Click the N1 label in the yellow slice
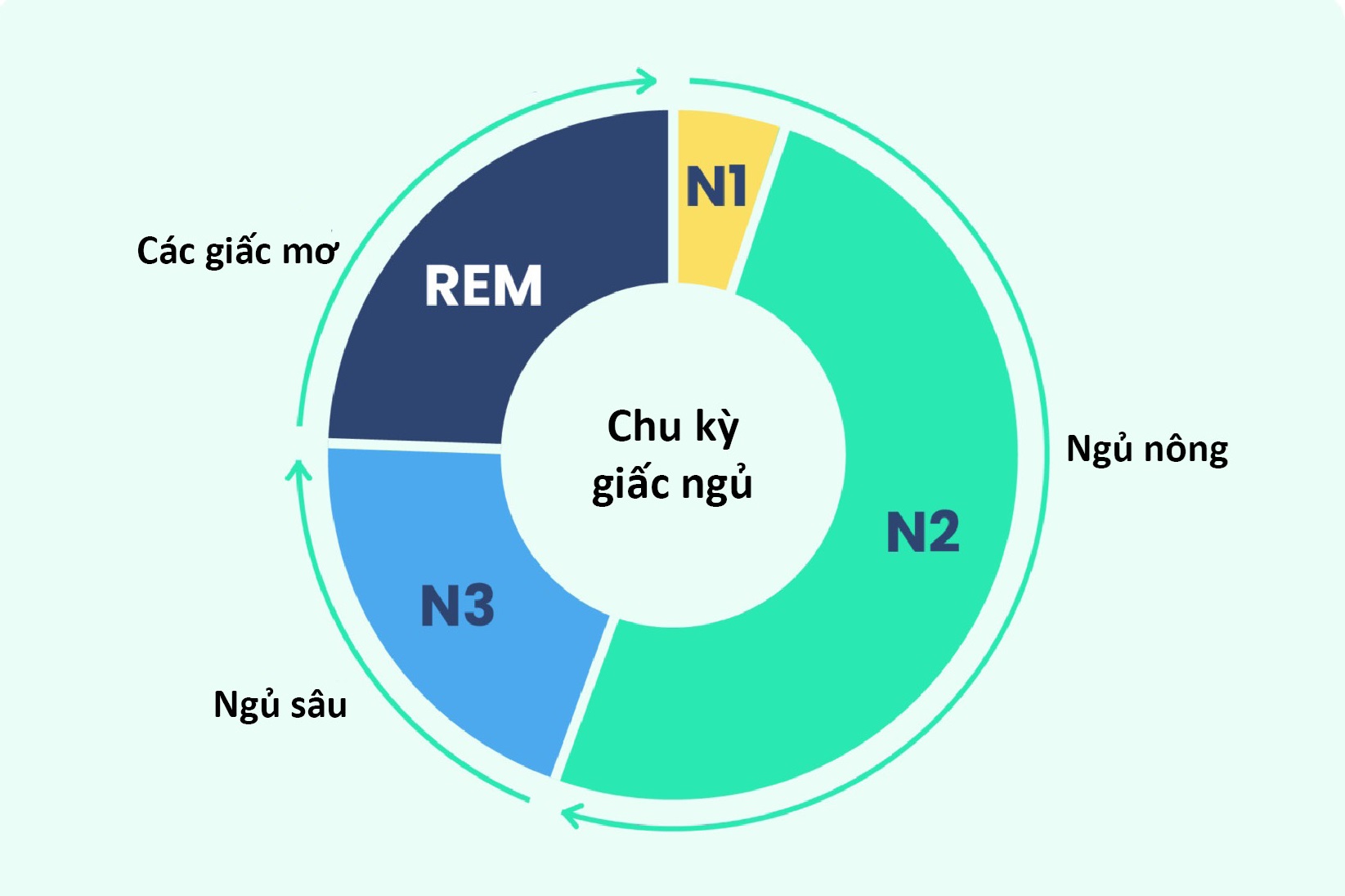click(x=716, y=187)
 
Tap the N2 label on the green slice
click(x=923, y=532)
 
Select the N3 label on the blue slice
click(x=457, y=606)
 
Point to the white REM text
click(x=483, y=286)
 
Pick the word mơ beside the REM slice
click(x=310, y=252)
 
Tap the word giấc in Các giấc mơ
click(x=238, y=251)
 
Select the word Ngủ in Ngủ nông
click(x=1100, y=450)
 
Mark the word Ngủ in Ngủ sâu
click(x=247, y=705)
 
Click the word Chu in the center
click(x=644, y=426)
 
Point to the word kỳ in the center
click(x=717, y=428)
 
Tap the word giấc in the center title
click(x=631, y=485)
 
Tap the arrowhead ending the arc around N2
click(x=570, y=815)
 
